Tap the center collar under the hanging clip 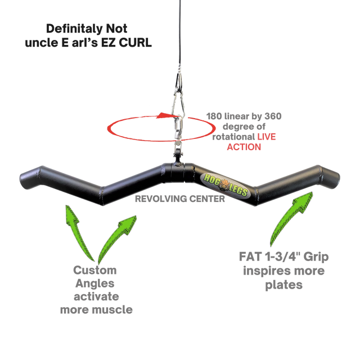(178, 171)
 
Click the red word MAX (265, 138)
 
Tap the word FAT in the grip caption (249, 256)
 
